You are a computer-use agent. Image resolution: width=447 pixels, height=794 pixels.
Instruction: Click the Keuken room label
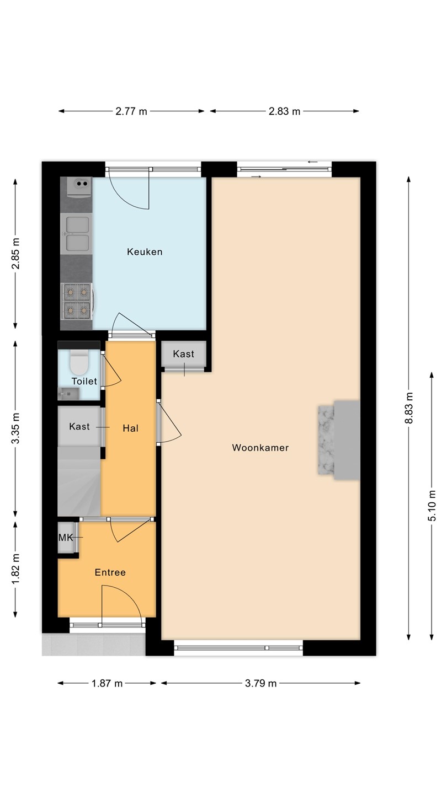pyautogui.click(x=145, y=251)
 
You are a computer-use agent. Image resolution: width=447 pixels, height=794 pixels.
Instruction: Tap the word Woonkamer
pyautogui.click(x=260, y=448)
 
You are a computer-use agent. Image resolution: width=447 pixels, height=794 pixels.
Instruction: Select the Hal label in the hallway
pyautogui.click(x=130, y=428)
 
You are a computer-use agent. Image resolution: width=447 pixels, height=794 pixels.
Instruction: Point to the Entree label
pyautogui.click(x=110, y=572)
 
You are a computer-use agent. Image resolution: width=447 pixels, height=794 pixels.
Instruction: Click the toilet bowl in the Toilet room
pyautogui.click(x=79, y=363)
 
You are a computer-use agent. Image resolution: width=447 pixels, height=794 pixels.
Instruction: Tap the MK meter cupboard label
pyautogui.click(x=66, y=538)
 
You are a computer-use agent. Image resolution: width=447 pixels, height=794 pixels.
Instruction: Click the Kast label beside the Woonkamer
pyautogui.click(x=183, y=354)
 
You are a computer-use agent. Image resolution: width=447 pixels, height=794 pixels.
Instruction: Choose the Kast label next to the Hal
pyautogui.click(x=79, y=426)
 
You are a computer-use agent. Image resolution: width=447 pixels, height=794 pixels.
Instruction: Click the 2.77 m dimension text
pyautogui.click(x=131, y=111)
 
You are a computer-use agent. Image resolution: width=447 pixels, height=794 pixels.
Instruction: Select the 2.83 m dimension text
pyautogui.click(x=285, y=111)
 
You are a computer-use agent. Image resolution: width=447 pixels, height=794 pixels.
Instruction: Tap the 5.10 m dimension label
pyautogui.click(x=432, y=506)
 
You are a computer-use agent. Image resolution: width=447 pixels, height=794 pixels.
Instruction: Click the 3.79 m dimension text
pyautogui.click(x=260, y=683)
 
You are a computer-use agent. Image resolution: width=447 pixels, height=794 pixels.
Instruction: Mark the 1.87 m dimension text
pyautogui.click(x=107, y=683)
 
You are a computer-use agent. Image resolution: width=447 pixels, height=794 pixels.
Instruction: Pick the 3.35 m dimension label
pyautogui.click(x=15, y=428)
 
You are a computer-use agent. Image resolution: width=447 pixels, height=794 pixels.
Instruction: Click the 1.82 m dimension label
pyautogui.click(x=15, y=570)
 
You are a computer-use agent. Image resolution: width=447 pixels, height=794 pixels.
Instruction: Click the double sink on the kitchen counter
pyautogui.click(x=76, y=234)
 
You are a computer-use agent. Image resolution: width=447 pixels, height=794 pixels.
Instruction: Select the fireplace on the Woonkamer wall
pyautogui.click(x=339, y=440)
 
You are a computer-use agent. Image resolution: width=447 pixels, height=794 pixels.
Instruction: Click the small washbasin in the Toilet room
pyautogui.click(x=68, y=394)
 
